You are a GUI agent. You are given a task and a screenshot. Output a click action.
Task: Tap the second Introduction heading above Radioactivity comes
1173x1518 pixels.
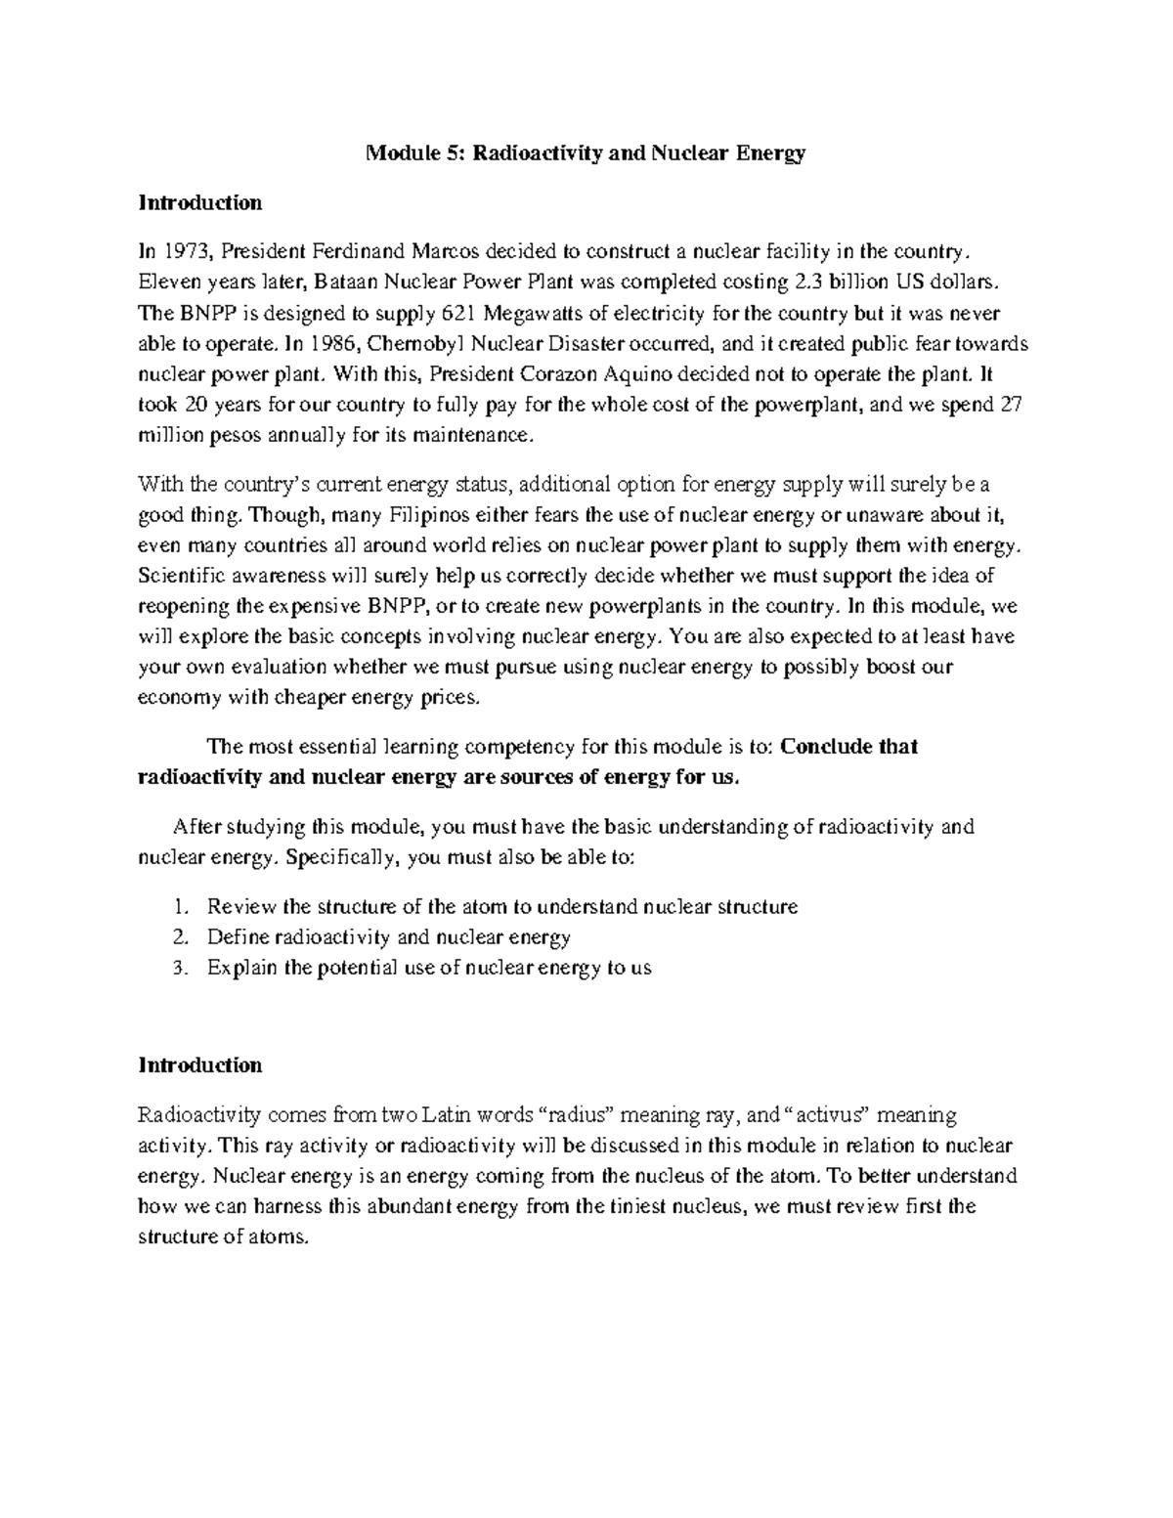click(200, 1064)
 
